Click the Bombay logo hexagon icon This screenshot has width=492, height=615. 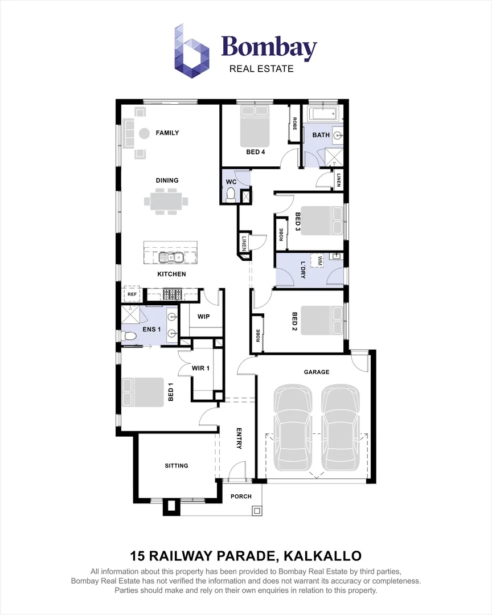click(x=191, y=51)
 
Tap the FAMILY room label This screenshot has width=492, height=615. click(x=167, y=133)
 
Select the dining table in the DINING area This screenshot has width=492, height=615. click(x=166, y=202)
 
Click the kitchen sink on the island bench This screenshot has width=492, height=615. click(x=171, y=257)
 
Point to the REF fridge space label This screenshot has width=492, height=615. click(x=132, y=294)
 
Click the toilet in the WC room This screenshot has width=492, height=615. click(x=231, y=195)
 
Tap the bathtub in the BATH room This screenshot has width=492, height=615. click(x=323, y=114)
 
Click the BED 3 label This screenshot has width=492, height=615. click(x=298, y=224)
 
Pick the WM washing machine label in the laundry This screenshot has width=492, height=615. click(x=320, y=260)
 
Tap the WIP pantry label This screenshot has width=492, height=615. click(x=203, y=317)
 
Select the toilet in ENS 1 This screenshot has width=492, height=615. click(x=127, y=336)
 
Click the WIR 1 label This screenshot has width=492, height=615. click(x=200, y=368)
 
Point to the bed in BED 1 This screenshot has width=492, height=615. click(x=142, y=392)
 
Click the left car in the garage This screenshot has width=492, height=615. click(x=293, y=428)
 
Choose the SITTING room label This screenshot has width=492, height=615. click(x=177, y=466)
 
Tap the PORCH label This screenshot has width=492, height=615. click(x=241, y=496)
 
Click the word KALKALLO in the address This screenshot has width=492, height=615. click(x=322, y=556)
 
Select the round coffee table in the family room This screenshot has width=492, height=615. click(x=145, y=134)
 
